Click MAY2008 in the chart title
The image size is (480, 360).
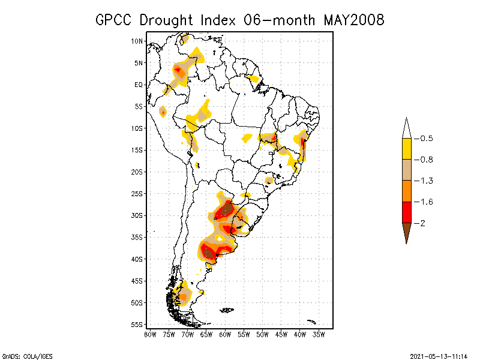click(x=353, y=20)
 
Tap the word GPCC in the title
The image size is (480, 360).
click(x=115, y=20)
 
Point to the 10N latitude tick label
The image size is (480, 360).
click(x=137, y=41)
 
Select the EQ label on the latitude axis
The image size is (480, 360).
click(x=139, y=85)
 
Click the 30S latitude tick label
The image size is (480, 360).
click(x=137, y=215)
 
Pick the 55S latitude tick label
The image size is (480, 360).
click(x=137, y=325)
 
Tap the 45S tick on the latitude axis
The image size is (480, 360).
click(x=137, y=281)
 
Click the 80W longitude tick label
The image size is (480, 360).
click(x=150, y=334)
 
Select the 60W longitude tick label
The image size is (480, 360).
click(x=225, y=334)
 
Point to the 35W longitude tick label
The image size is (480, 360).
click(x=319, y=334)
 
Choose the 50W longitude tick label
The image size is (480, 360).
click(x=263, y=334)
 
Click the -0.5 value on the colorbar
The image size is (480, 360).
click(x=427, y=139)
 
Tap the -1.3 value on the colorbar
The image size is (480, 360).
click(x=427, y=181)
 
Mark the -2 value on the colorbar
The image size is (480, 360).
click(x=423, y=223)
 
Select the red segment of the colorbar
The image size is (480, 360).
click(x=406, y=212)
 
